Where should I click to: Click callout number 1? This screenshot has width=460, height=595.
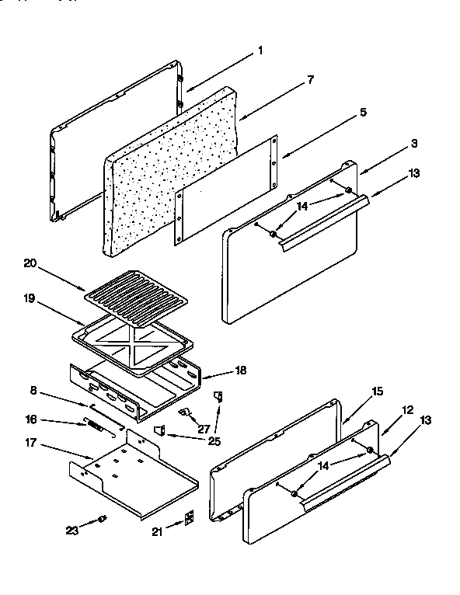260,51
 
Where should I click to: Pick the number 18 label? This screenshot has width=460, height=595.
240,371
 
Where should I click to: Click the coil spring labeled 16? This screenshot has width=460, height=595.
95,426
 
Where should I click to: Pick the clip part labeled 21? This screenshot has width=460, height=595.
188,518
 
